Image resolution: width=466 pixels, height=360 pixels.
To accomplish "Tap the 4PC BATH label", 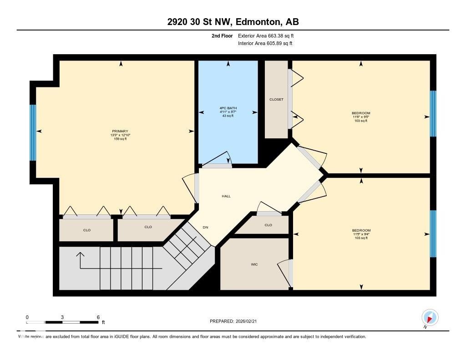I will [x=228, y=108].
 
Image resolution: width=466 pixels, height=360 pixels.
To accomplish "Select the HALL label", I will [x=226, y=196].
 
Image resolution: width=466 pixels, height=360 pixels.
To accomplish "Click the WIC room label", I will [x=254, y=264].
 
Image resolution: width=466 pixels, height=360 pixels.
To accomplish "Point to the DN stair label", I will [x=205, y=227].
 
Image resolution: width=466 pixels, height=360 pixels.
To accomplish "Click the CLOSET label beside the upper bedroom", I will [x=276, y=99].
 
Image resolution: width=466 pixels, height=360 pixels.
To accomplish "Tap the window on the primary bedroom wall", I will [x=33, y=132].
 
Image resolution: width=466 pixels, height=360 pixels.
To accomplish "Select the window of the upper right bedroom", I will [x=433, y=113].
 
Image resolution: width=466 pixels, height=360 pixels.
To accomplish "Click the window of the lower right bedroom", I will [x=433, y=233].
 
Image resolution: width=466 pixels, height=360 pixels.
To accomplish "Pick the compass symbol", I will [x=430, y=317].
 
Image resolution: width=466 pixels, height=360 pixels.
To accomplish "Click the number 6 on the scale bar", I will [x=98, y=317].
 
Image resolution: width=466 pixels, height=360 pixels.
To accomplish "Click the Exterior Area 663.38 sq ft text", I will [x=269, y=35].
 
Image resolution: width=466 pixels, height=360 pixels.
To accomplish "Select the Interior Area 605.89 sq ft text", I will [x=265, y=44].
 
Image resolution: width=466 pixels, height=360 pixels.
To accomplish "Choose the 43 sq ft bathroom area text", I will [x=228, y=116].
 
